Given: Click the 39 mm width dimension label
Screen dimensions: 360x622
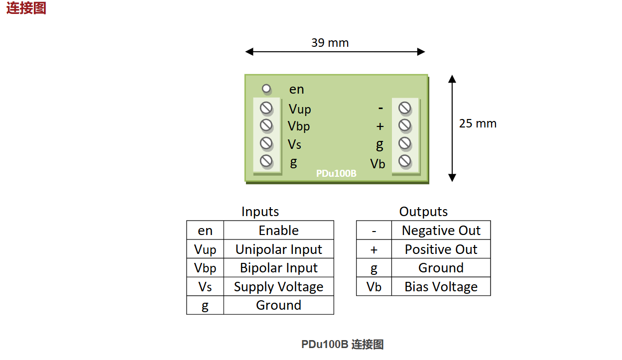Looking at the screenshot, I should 330,43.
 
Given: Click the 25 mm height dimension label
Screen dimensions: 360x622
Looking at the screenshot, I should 478,123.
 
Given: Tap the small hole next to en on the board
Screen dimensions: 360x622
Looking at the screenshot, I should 266,89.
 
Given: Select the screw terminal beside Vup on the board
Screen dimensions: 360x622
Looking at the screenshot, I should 266,108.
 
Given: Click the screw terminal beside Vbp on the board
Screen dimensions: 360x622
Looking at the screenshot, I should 266,125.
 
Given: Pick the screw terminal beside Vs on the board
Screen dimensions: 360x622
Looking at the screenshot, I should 266,143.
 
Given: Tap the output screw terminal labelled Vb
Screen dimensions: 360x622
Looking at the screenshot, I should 405,161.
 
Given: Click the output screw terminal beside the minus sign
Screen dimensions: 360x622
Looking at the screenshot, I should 405,108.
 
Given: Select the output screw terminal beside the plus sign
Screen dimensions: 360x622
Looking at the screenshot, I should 405,125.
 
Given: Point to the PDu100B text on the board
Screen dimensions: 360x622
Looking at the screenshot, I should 336,174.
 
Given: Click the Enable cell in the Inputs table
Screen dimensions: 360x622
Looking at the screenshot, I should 278,231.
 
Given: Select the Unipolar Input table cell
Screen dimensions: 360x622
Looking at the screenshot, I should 278,249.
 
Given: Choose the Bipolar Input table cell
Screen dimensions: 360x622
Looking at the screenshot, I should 278,268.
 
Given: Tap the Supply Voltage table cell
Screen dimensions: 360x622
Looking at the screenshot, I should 278,287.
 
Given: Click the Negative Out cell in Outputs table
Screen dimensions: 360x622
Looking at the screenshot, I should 441,231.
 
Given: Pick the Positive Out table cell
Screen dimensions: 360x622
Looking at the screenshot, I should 441,249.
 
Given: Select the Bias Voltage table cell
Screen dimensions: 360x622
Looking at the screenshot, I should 441,287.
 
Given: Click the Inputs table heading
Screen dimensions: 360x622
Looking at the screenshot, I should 260,212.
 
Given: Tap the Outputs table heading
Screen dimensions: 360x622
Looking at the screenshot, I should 423,212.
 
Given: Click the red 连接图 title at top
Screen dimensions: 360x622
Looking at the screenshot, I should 26,8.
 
